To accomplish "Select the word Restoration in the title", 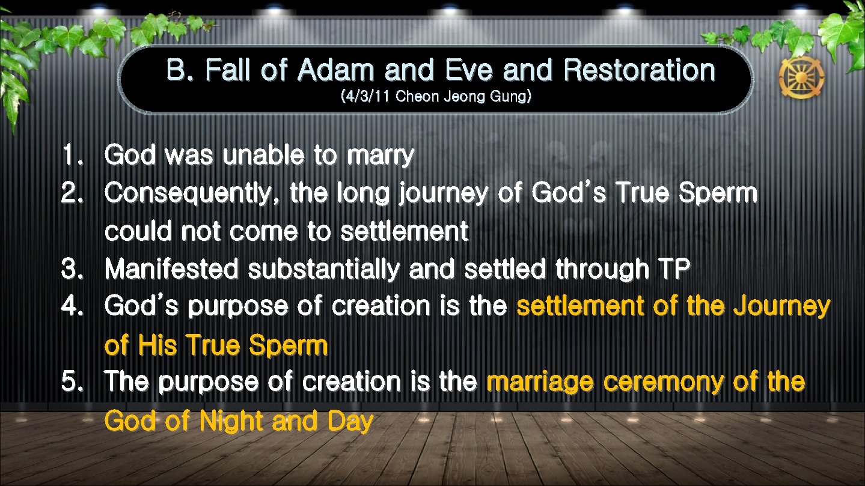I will pos(639,71).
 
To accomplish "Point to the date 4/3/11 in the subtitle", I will pos(365,97).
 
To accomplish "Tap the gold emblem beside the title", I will pos(801,78).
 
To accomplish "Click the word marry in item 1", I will pos(380,156).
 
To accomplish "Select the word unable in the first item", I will pos(264,156).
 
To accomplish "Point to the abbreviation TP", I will pos(671,270).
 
